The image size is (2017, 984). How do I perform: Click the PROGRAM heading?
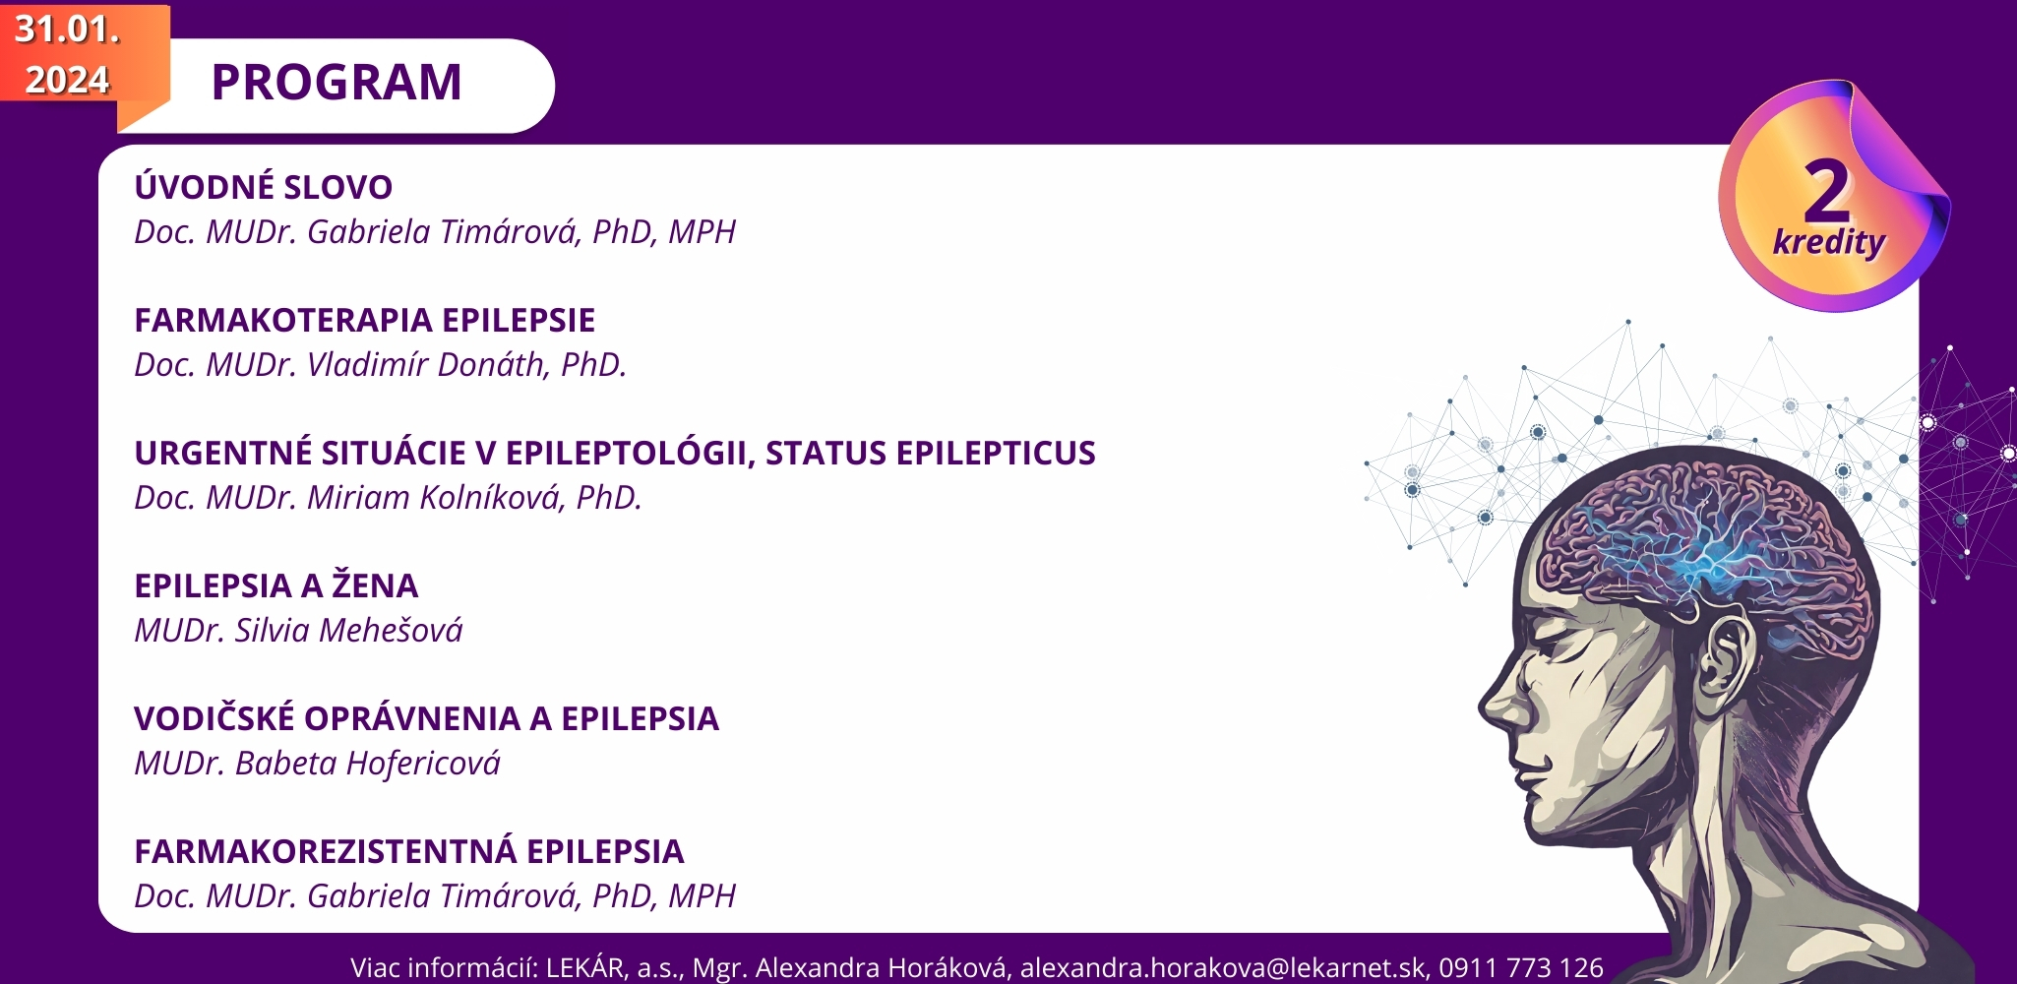pyautogui.click(x=336, y=82)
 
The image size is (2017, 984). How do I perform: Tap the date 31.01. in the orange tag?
pyautogui.click(x=67, y=30)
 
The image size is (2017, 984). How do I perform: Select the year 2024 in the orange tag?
pyautogui.click(x=67, y=80)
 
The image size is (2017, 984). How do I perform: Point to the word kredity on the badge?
pyautogui.click(x=1829, y=241)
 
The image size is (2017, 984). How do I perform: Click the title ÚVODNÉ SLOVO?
pyautogui.click(x=264, y=187)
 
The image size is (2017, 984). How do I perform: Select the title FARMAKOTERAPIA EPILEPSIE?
pyautogui.click(x=365, y=320)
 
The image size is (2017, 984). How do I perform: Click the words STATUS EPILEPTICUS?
pyautogui.click(x=931, y=453)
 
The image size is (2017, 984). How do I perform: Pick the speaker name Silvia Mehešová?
pyautogui.click(x=348, y=630)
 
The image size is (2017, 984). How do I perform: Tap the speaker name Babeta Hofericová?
pyautogui.click(x=368, y=763)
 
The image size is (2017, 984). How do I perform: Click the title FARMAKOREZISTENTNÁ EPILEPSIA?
pyautogui.click(x=409, y=851)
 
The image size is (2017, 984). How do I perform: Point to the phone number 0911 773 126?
pyautogui.click(x=1521, y=968)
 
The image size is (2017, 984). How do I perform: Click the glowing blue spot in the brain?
pyautogui.click(x=1712, y=561)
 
